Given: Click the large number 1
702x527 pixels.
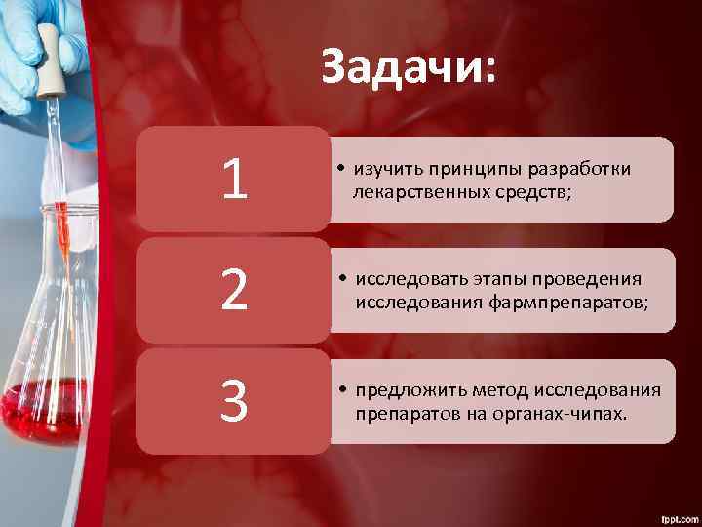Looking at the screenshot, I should click(x=233, y=181).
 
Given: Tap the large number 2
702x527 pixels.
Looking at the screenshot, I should click(x=233, y=291).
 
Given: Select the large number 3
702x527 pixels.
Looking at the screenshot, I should click(x=233, y=401).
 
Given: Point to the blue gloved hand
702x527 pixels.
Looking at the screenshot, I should click(x=19, y=59).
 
